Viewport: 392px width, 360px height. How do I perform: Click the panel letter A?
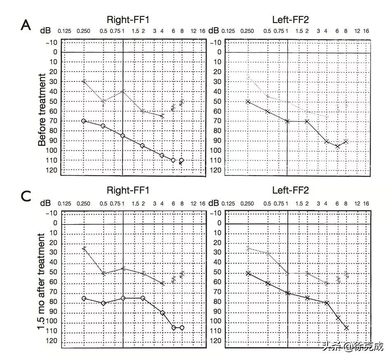pyautogui.click(x=26, y=26)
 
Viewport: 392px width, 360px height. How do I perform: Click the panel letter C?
pyautogui.click(x=26, y=196)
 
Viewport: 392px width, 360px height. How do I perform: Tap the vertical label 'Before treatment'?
pyautogui.click(x=42, y=110)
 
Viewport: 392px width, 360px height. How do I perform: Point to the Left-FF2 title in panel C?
pyautogui.click(x=290, y=190)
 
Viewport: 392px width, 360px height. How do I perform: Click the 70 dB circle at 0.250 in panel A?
pyautogui.click(x=84, y=121)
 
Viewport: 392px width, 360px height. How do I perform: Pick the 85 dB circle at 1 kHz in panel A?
pyautogui.click(x=123, y=136)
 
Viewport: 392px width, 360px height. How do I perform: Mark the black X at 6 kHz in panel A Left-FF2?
pyautogui.click(x=338, y=146)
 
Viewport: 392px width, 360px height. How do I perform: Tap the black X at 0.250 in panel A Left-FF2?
pyautogui.click(x=247, y=101)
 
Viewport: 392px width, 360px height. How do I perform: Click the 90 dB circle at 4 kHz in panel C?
pyautogui.click(x=162, y=313)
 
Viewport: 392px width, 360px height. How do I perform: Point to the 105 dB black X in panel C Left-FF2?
pyautogui.click(x=346, y=328)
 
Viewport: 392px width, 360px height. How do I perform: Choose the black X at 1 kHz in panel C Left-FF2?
pyautogui.click(x=287, y=293)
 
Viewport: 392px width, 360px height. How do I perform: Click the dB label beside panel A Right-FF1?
pyautogui.click(x=46, y=30)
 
